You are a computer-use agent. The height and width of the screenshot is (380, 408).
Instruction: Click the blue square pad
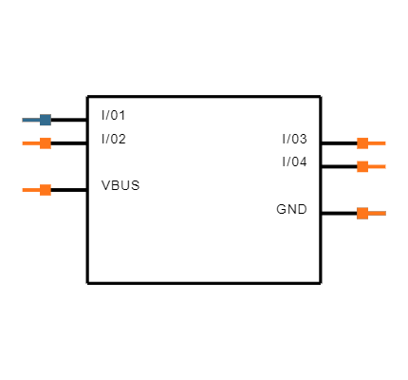point(46,120)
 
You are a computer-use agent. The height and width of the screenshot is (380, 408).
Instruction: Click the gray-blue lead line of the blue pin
point(31,120)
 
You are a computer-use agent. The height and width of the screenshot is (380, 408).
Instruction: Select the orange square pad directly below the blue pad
point(46,143)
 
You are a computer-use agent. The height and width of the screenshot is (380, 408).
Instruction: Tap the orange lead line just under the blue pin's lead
point(31,143)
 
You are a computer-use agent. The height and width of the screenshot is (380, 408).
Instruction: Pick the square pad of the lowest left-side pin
point(46,190)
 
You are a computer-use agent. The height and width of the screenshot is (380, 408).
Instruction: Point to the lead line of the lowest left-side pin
point(31,190)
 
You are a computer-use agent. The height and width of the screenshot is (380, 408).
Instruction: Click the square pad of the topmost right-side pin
point(362,143)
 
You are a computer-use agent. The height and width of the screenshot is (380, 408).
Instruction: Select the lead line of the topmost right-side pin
point(377,143)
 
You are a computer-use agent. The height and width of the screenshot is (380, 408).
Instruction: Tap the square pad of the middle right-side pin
point(362,166)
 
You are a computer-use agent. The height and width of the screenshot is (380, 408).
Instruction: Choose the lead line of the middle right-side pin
point(377,166)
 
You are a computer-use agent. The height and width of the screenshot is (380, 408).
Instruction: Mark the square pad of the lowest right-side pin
point(362,213)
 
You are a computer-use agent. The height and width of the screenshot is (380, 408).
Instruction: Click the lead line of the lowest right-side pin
point(377,213)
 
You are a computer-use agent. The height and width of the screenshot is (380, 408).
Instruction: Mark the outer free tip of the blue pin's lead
point(23,120)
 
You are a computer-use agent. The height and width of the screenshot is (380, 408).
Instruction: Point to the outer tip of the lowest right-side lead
point(385,213)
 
